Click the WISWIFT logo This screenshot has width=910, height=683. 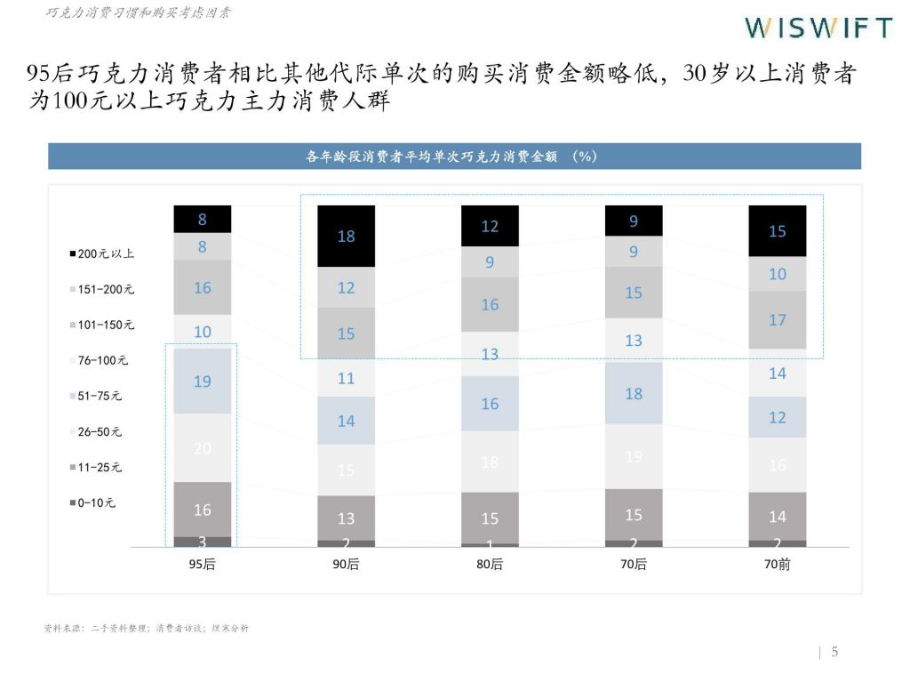coord(818,28)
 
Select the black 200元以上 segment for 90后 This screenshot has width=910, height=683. coord(347,236)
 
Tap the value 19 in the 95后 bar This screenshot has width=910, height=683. coord(203,381)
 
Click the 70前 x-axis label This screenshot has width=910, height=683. coord(778,565)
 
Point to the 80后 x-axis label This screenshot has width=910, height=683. coord(490,565)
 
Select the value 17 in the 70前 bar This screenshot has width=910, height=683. coord(778,320)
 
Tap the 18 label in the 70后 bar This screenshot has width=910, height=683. coord(634,393)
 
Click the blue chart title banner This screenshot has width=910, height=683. coord(454,157)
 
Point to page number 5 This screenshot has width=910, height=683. coord(834,652)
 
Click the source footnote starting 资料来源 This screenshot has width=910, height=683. coord(147,628)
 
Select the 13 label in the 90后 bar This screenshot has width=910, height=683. coord(347,518)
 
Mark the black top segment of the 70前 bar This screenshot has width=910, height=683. coord(778,231)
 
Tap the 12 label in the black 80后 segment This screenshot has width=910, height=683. coord(490,227)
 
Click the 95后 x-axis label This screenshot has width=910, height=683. coord(203,565)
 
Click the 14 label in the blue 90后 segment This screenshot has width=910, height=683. coord(347,421)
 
